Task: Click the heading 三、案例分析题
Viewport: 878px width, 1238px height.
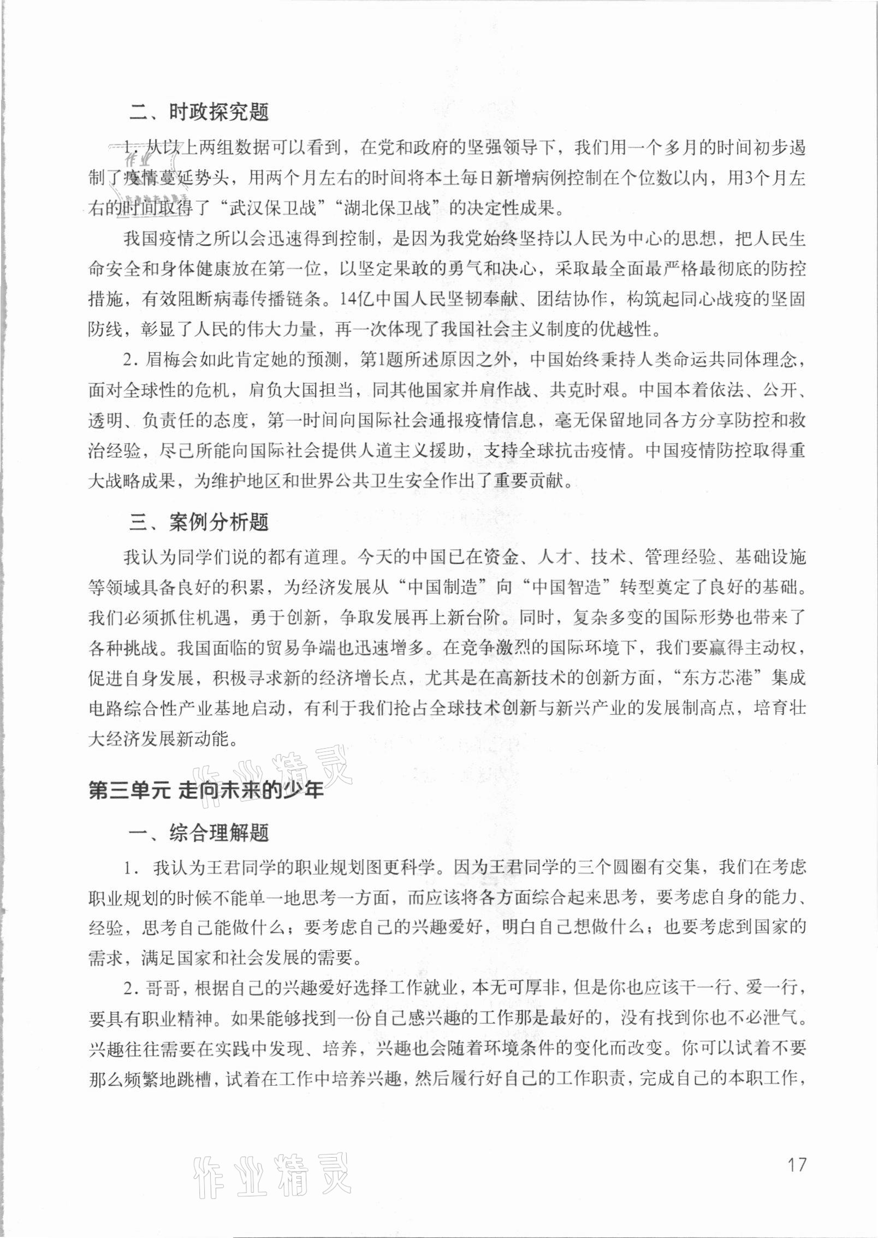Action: (x=199, y=523)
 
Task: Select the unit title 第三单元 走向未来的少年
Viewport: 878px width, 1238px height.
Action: (x=206, y=791)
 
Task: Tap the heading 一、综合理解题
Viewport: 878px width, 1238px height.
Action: (x=199, y=833)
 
